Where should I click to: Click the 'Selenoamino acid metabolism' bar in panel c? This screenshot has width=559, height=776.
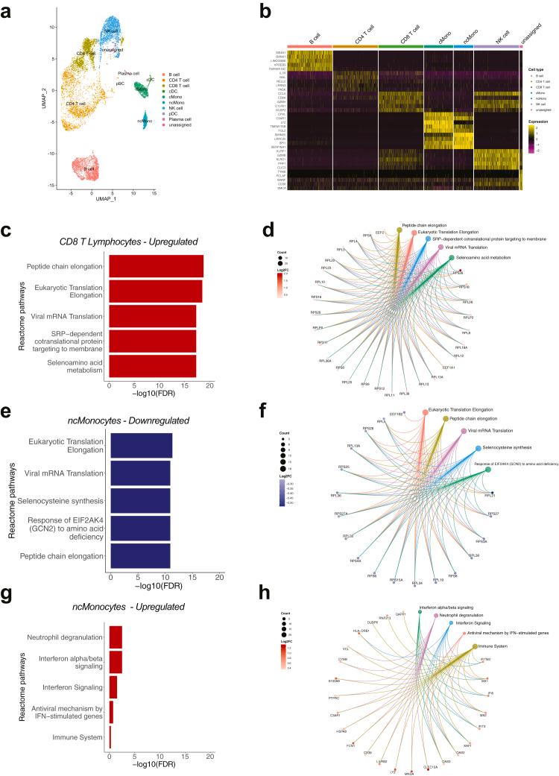tap(152, 366)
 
